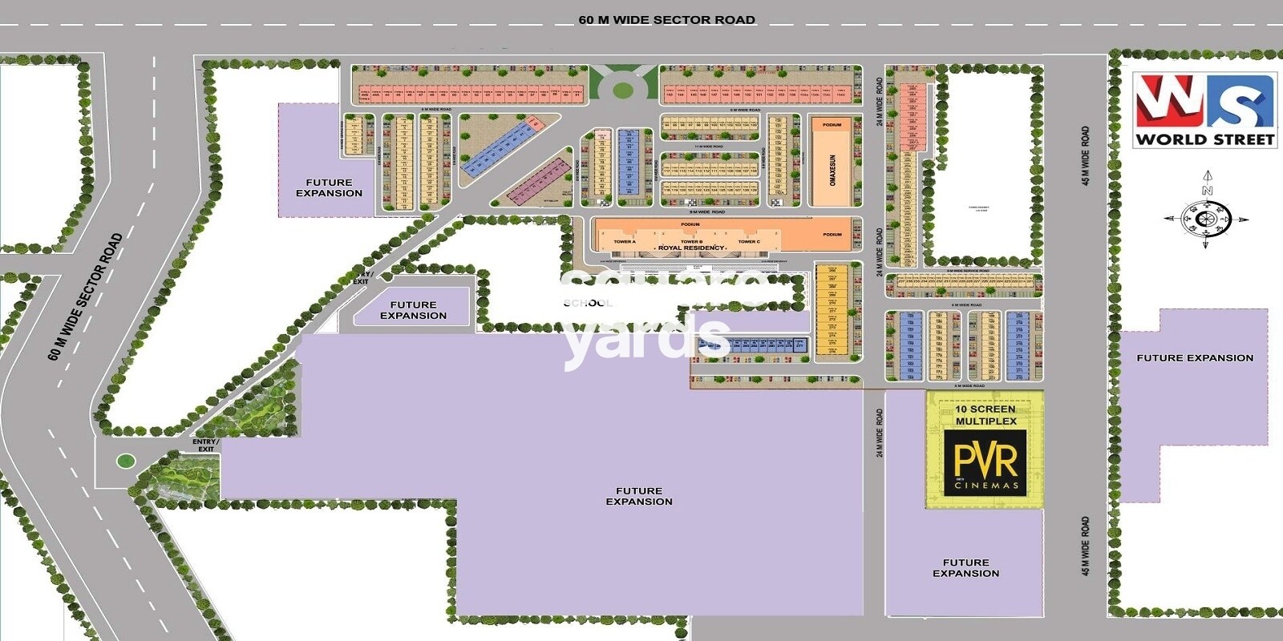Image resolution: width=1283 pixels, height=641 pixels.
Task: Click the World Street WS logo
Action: point(1204,111)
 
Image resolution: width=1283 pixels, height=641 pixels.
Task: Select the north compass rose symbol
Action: point(1205,216)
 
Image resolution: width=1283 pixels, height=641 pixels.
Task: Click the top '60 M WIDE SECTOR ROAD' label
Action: point(666,20)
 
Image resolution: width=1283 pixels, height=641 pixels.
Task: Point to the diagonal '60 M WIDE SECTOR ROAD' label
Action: point(85,296)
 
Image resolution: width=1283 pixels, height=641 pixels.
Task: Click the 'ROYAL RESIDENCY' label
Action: point(690,248)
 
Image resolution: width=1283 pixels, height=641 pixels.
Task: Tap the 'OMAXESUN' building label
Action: point(832,170)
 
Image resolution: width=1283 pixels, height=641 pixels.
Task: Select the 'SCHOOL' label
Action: point(588,303)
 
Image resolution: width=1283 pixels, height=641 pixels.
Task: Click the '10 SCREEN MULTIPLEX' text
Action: point(986,415)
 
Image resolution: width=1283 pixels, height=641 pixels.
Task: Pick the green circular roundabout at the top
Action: point(622,89)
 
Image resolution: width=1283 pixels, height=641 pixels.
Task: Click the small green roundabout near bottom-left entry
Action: point(125,461)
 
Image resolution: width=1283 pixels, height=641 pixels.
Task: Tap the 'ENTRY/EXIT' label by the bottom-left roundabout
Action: point(205,445)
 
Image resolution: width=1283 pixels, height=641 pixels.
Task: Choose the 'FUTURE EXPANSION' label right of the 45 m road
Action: point(1195,358)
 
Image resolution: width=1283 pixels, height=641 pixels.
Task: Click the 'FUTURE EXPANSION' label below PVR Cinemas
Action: point(965,568)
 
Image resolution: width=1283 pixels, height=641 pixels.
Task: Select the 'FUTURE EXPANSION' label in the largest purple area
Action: point(639,496)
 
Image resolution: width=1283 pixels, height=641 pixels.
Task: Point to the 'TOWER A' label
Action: point(624,241)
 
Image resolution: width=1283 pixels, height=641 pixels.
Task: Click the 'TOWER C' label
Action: point(749,241)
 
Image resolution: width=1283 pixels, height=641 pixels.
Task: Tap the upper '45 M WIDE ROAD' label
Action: point(1086,155)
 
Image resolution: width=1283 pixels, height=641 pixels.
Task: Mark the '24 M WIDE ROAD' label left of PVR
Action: point(880,433)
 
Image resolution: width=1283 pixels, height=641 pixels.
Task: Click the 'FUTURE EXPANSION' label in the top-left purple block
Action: point(329,187)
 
